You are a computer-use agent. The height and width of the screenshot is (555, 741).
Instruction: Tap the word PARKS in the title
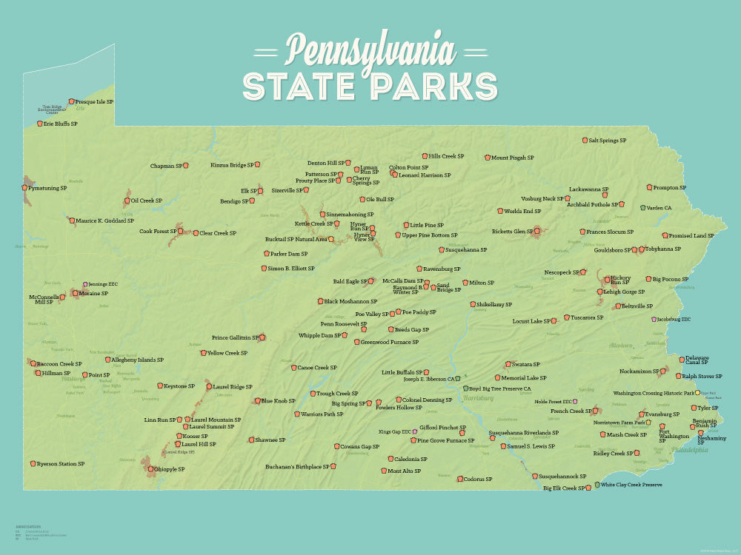click(x=435, y=87)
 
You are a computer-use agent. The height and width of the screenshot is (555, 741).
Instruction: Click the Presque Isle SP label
click(x=95, y=101)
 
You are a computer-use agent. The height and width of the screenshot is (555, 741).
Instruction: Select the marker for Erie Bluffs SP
click(x=38, y=124)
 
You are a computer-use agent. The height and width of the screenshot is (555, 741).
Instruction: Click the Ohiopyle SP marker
click(x=150, y=468)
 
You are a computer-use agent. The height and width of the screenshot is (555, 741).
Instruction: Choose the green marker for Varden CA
click(x=643, y=208)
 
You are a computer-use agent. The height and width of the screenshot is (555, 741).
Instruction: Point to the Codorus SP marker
click(x=459, y=479)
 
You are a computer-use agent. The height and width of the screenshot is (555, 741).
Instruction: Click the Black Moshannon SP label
click(x=350, y=301)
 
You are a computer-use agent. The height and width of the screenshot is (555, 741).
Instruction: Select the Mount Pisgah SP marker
click(x=488, y=158)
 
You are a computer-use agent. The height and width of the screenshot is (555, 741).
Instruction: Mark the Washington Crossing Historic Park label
click(x=654, y=393)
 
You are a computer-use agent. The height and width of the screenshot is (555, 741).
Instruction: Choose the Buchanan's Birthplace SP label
click(x=297, y=467)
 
